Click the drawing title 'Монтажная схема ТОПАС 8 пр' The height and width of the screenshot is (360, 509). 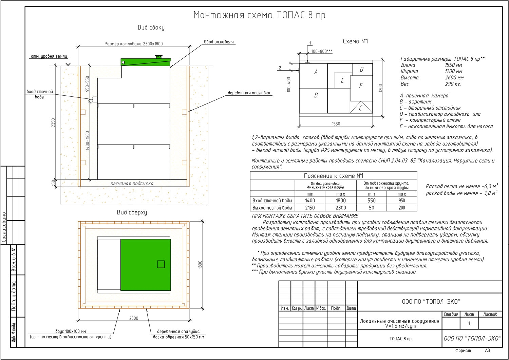(x=259, y=15)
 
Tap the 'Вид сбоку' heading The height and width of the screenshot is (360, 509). (x=151, y=27)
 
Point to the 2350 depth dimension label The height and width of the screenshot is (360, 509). (x=53, y=123)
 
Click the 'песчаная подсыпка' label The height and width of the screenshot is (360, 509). (x=132, y=184)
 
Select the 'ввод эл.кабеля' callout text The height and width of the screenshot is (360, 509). (x=219, y=42)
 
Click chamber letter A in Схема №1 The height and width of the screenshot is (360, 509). (x=316, y=72)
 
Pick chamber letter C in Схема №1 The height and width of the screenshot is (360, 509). (x=360, y=108)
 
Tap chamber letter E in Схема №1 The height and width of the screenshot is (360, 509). (x=342, y=80)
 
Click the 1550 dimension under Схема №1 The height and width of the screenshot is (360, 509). (x=336, y=124)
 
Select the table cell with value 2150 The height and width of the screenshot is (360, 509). (x=310, y=208)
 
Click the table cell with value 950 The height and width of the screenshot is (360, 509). (x=402, y=201)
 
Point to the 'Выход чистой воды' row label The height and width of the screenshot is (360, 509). (x=272, y=208)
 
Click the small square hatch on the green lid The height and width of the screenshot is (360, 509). (x=161, y=264)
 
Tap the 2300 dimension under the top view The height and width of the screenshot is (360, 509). (x=134, y=318)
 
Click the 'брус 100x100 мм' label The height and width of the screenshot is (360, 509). (x=71, y=331)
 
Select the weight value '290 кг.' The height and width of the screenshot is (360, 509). (x=453, y=84)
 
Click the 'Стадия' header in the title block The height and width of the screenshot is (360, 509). (x=451, y=314)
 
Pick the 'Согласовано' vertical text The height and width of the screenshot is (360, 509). (x=4, y=227)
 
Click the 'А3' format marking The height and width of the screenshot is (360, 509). (x=488, y=350)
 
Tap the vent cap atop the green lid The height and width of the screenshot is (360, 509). (x=158, y=56)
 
